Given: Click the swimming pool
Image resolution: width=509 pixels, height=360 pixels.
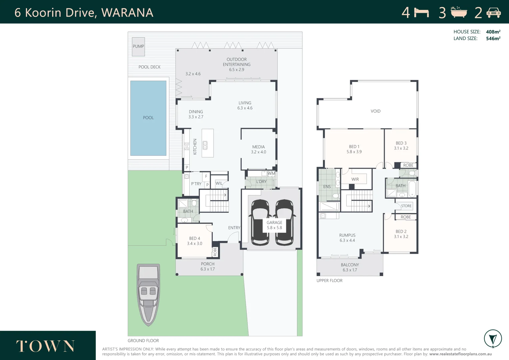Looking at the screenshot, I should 148,118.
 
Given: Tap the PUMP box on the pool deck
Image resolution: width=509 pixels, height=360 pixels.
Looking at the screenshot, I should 138,46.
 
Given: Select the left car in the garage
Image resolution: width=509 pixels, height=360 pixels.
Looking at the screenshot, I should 260,222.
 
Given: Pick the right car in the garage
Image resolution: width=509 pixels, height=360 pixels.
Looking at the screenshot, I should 284,222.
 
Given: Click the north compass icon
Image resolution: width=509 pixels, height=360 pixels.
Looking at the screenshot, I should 493,339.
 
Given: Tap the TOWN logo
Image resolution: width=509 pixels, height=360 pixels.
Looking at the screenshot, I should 46,346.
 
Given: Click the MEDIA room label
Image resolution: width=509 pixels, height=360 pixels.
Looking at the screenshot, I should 258,147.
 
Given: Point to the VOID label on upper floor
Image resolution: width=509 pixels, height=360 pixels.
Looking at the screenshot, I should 375,111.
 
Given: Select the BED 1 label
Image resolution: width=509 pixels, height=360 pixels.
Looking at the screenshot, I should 354,147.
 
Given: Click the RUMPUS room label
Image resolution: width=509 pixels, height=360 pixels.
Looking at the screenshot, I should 347,235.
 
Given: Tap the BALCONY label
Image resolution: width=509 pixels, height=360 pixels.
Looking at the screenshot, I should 350,265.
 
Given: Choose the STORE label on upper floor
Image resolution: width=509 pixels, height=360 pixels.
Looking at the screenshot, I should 406,206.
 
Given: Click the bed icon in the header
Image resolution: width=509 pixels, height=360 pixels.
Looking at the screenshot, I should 421,13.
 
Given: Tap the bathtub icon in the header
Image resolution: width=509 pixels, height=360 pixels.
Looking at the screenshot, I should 459,12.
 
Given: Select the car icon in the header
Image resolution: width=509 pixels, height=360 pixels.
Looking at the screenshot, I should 493,13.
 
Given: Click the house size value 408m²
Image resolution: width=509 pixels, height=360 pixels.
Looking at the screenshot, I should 493,32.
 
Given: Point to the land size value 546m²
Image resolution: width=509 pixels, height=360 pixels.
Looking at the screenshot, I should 493,39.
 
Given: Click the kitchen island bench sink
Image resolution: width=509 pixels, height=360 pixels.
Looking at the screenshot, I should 205,145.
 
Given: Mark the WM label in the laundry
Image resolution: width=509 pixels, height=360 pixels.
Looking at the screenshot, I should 271,173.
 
